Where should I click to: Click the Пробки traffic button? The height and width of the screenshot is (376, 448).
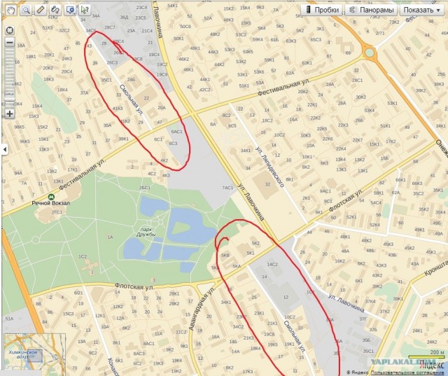[x=323, y=10]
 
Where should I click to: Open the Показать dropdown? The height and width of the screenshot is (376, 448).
[x=422, y=10]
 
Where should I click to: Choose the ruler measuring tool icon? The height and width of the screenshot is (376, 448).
[x=40, y=10]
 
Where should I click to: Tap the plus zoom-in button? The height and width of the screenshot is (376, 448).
[x=9, y=113]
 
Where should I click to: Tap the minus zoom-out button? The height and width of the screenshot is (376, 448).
[x=9, y=43]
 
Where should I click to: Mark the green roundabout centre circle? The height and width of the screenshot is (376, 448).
[x=370, y=53]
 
